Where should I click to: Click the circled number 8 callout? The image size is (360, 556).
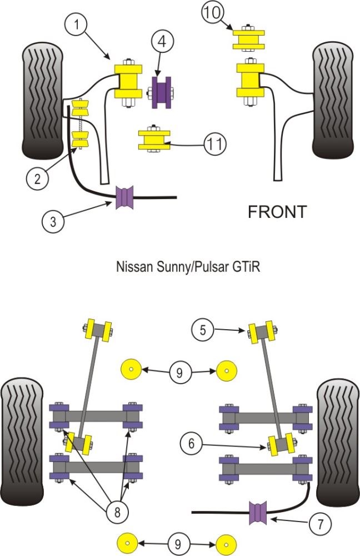pos(117,512)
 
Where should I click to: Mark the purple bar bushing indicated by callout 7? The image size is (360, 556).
pos(258,511)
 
